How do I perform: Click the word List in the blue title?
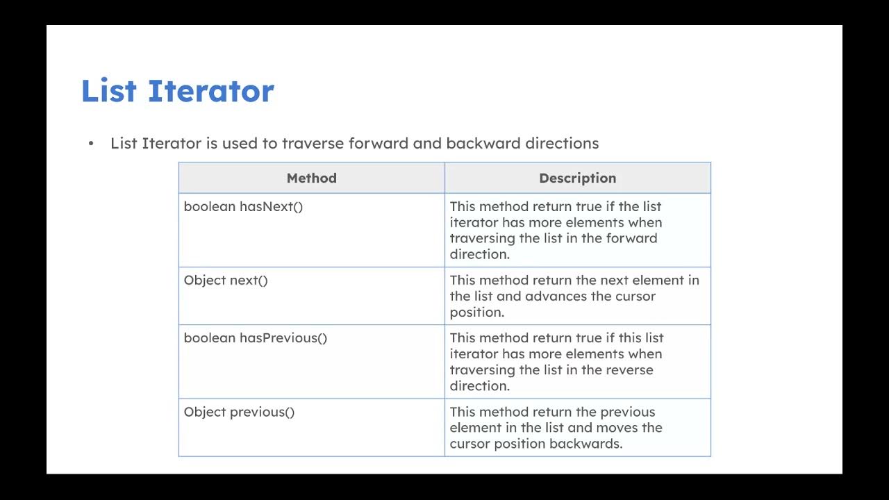point(108,91)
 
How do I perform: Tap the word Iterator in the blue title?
point(210,91)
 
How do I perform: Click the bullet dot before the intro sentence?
point(90,144)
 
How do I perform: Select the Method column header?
point(311,178)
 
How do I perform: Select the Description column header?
point(577,178)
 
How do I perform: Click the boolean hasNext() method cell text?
point(243,206)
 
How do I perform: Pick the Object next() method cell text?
point(225,280)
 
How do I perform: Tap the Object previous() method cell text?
point(239,412)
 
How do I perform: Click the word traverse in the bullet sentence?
point(313,143)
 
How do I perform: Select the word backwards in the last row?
point(585,443)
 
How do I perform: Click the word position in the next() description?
point(476,312)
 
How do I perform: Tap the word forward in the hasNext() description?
point(631,238)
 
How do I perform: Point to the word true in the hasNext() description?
point(589,206)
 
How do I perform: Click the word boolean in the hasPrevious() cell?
point(209,337)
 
